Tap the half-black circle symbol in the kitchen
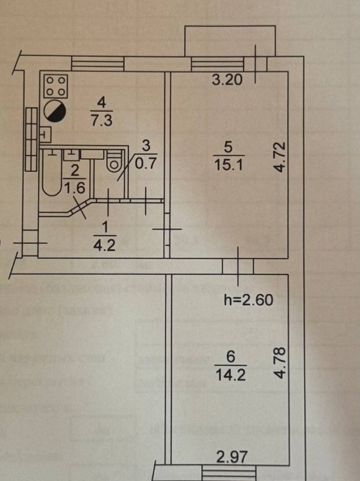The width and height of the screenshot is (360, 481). (55, 111)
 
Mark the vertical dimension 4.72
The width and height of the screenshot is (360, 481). (278, 157)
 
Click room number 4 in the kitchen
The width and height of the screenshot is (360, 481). (100, 101)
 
